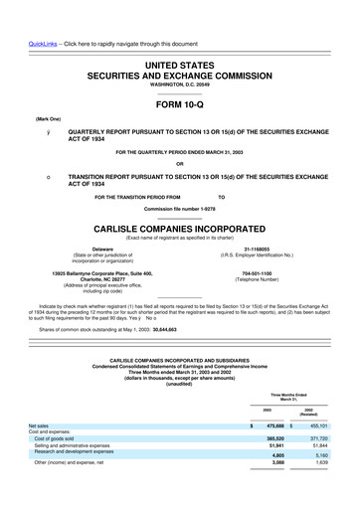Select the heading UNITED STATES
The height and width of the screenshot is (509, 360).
point(180,64)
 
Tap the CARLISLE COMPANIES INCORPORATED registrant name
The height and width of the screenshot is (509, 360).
point(180,227)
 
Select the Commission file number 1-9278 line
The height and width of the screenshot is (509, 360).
point(180,209)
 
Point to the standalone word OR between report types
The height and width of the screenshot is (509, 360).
point(180,163)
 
